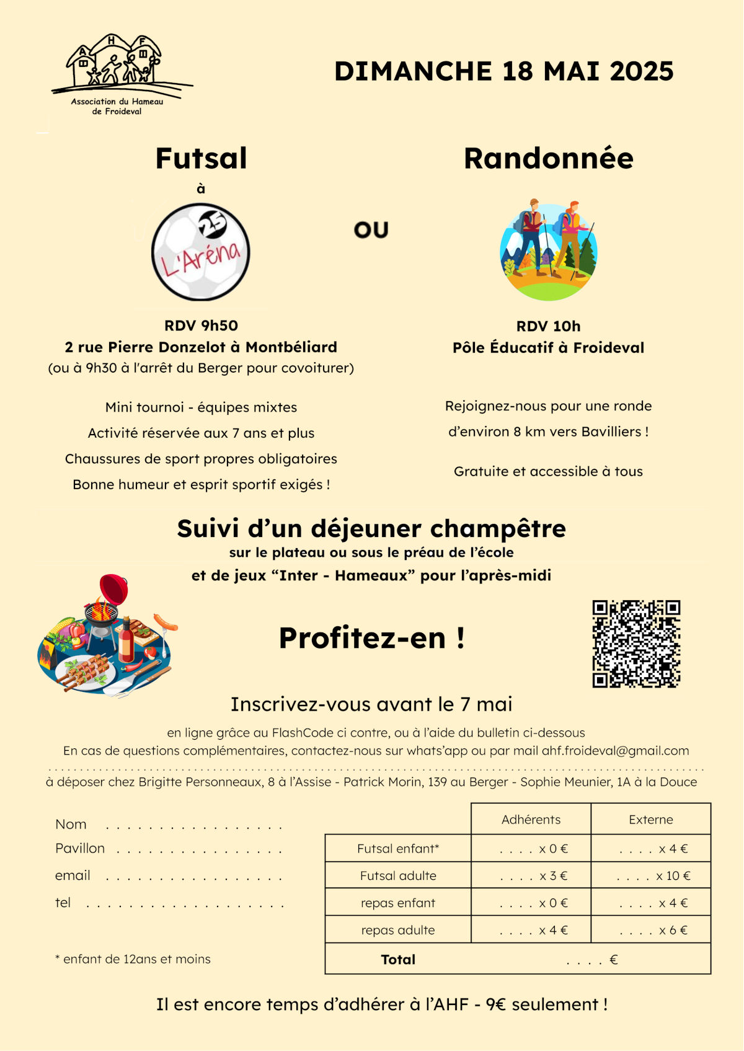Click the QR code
pos(636,644)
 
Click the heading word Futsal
pos(201,159)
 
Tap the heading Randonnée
pos(548,159)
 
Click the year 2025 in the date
pos(641,71)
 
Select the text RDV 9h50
pos(201,326)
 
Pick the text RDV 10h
pos(548,326)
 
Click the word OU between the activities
pos(371,231)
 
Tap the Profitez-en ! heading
pos(371,638)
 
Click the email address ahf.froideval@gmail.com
pos(615,751)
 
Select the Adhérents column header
pos(531,820)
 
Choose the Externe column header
pos(650,820)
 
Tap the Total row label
pos(398,960)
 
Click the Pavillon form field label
pos(80,848)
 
